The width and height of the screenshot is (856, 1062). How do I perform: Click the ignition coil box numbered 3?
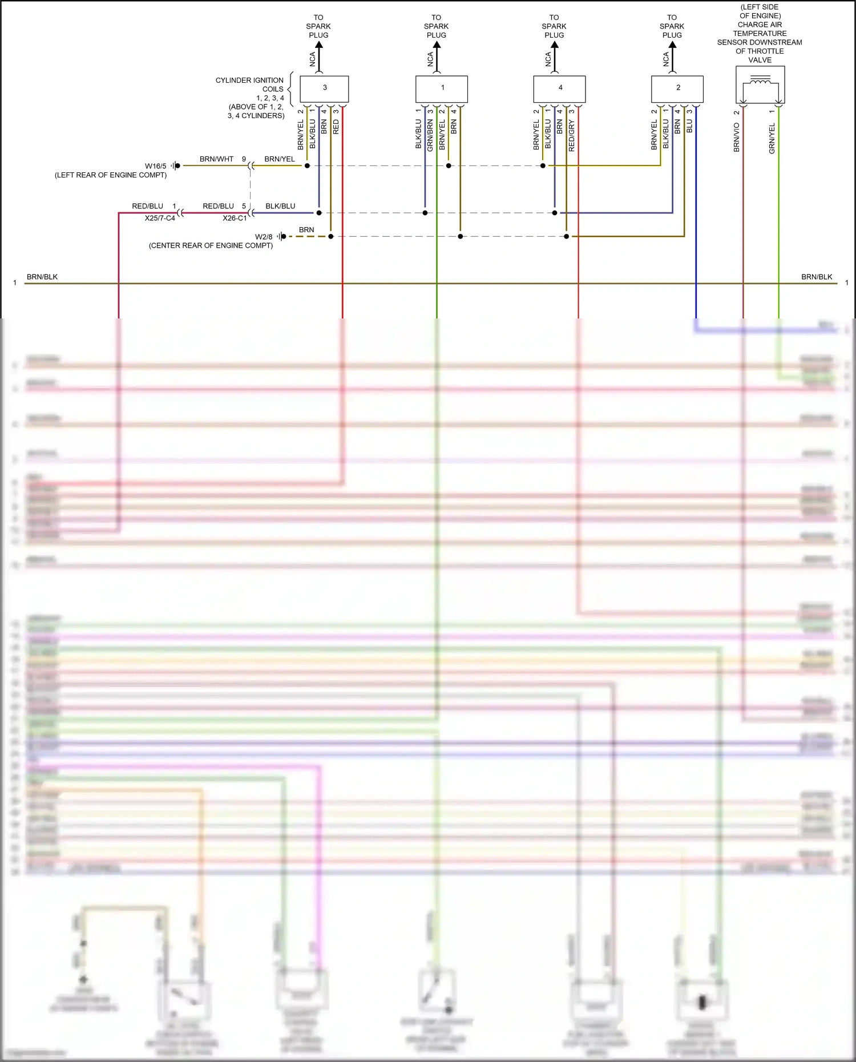click(324, 88)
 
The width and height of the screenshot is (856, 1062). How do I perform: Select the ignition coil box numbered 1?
click(442, 88)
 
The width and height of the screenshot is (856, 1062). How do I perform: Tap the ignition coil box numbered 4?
click(559, 88)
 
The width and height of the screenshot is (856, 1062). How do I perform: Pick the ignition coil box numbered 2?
click(677, 88)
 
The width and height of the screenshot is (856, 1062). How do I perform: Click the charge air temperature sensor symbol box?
click(760, 84)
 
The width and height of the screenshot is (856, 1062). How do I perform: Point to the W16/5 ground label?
click(155, 166)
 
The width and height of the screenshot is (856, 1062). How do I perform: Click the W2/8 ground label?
click(264, 237)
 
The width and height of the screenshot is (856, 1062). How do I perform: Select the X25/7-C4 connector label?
click(160, 218)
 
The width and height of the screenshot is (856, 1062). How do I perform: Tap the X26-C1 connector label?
click(235, 218)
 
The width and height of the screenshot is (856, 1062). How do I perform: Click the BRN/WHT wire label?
click(216, 159)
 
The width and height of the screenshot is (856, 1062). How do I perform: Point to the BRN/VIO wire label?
click(737, 137)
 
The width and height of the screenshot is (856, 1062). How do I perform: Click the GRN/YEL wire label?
click(772, 139)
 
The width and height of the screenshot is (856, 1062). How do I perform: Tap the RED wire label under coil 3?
click(336, 127)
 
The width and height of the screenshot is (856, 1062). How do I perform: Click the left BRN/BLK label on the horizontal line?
click(42, 277)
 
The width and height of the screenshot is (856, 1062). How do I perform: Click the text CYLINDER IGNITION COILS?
click(250, 84)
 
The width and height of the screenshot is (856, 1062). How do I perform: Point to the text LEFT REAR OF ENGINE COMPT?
click(111, 175)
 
